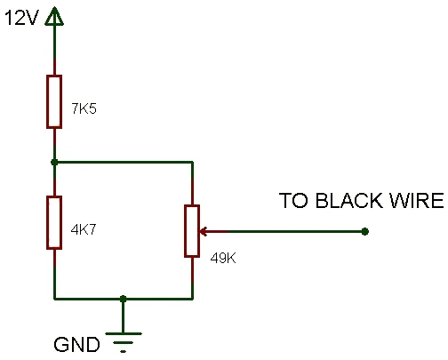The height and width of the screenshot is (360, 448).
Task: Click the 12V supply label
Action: [x=21, y=18]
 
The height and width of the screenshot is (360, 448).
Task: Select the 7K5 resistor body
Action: [x=54, y=101]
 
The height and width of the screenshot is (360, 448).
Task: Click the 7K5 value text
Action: [x=84, y=108]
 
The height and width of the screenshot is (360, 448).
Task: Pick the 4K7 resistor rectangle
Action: [x=54, y=222]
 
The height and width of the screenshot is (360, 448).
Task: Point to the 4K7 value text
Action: [x=84, y=229]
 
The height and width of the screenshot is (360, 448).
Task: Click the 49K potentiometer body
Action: [x=192, y=231]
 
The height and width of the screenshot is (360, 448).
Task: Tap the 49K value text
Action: [x=223, y=258]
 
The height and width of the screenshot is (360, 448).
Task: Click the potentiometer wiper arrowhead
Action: [x=203, y=231]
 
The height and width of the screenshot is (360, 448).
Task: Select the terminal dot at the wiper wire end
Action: [x=365, y=231]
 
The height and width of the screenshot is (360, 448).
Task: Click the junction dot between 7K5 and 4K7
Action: [x=54, y=162]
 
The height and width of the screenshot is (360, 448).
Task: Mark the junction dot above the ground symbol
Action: [x=123, y=299]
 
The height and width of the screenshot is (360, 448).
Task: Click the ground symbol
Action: [x=124, y=342]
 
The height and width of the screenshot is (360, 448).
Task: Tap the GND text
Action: [x=76, y=344]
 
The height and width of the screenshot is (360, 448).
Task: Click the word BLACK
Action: [x=348, y=201]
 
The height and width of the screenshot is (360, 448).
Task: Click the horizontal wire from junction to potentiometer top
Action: [x=124, y=162]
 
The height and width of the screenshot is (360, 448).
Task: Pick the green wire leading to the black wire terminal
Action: [x=296, y=231]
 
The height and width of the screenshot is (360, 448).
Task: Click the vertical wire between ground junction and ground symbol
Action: [x=123, y=316]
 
